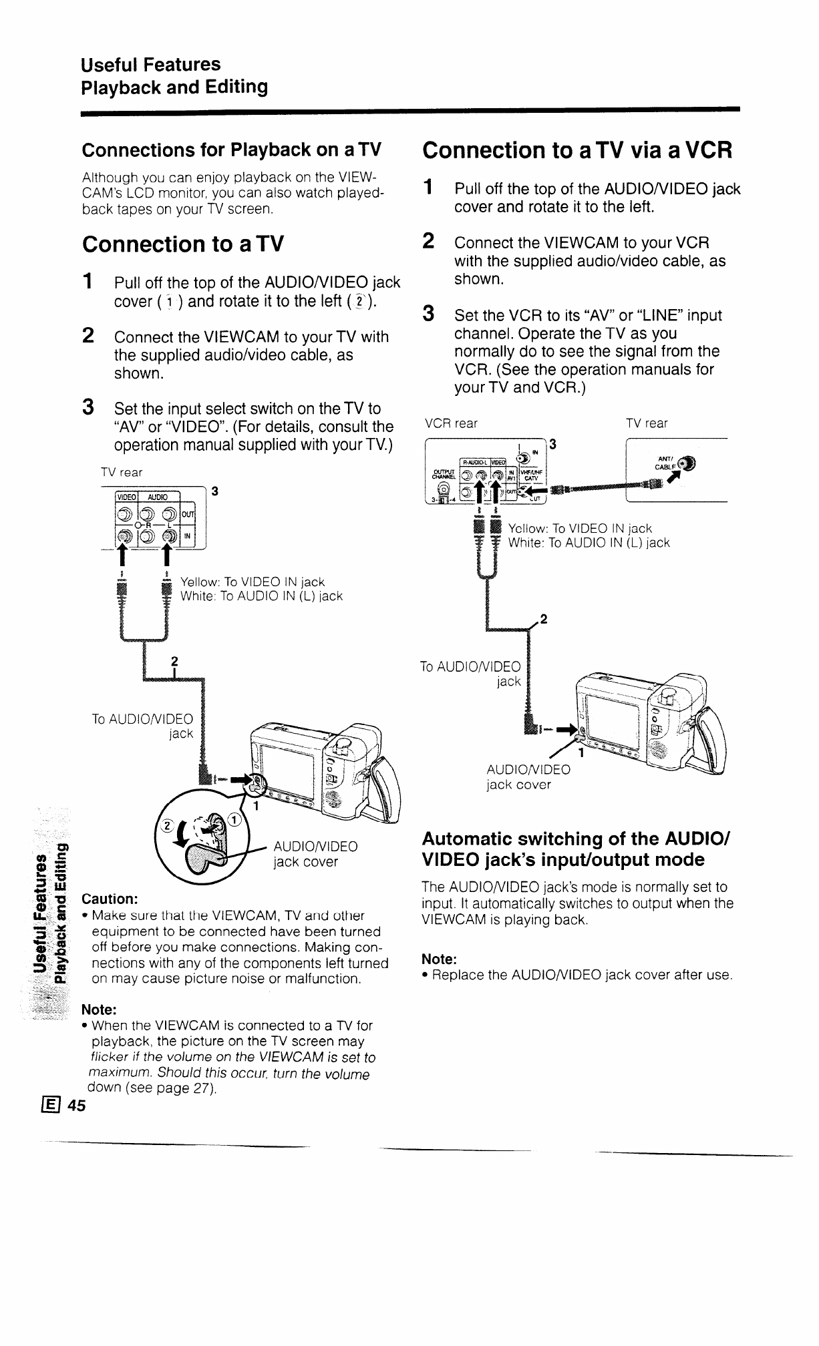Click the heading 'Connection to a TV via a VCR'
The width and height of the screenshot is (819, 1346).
(x=578, y=150)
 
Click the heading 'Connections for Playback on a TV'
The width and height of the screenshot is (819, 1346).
(x=231, y=150)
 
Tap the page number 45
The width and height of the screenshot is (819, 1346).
(x=77, y=1106)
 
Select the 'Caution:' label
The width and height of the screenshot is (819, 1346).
(x=110, y=898)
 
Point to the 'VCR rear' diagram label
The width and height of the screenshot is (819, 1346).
(x=452, y=423)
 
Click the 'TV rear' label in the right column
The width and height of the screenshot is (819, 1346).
(x=647, y=423)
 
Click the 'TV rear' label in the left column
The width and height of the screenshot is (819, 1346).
(x=122, y=473)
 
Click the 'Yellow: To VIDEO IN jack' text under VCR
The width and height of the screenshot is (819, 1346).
(x=580, y=529)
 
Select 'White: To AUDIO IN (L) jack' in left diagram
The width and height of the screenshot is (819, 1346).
(x=262, y=596)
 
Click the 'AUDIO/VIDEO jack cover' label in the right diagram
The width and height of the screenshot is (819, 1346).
(x=528, y=776)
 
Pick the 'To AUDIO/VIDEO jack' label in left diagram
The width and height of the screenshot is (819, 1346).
(x=142, y=726)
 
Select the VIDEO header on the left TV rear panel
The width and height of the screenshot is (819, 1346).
(x=126, y=496)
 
